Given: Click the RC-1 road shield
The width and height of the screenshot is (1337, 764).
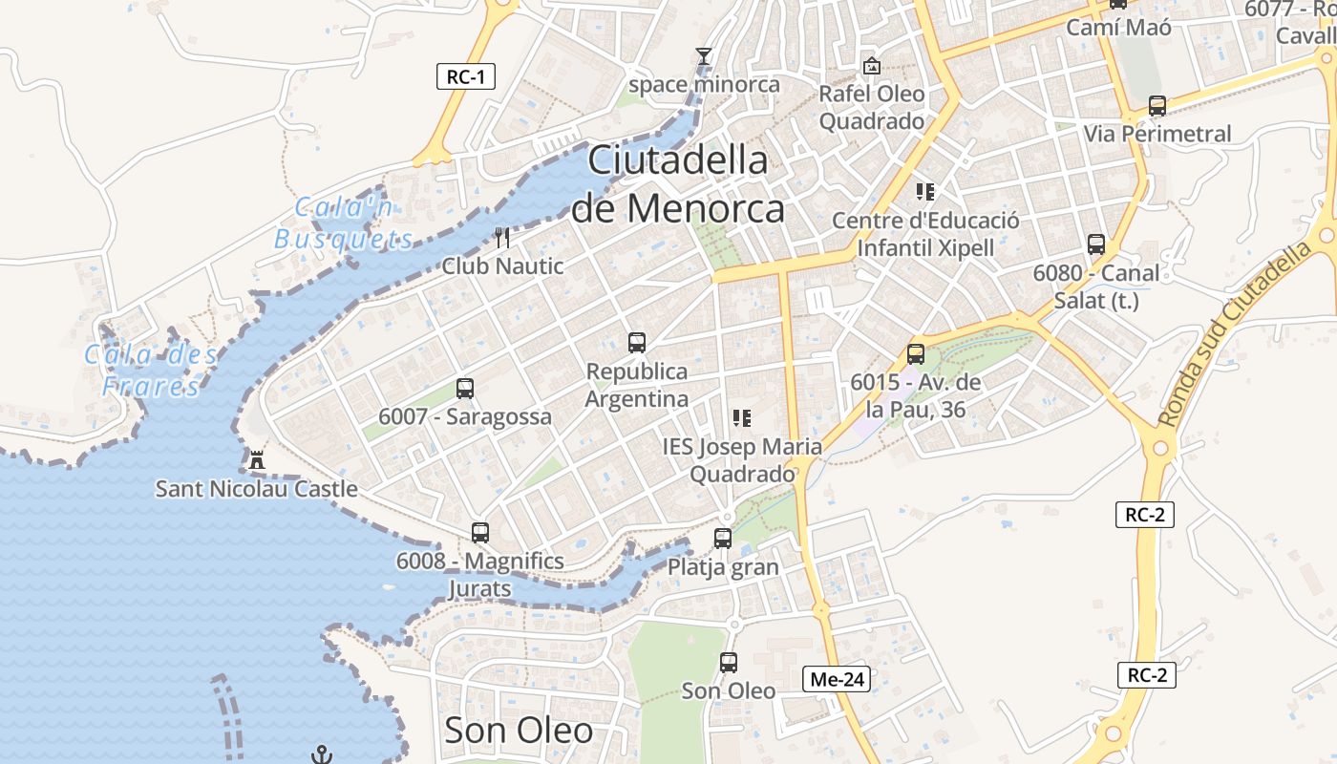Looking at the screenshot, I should pyautogui.click(x=466, y=77).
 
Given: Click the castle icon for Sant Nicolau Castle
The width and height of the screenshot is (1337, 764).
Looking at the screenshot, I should pyautogui.click(x=256, y=460).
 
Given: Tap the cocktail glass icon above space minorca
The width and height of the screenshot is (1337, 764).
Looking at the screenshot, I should pyautogui.click(x=704, y=56).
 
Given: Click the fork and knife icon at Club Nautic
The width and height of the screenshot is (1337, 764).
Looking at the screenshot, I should pyautogui.click(x=503, y=237).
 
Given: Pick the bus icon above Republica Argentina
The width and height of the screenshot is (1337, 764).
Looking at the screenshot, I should pyautogui.click(x=637, y=342).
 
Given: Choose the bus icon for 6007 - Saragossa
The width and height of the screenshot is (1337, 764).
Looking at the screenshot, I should pyautogui.click(x=465, y=388).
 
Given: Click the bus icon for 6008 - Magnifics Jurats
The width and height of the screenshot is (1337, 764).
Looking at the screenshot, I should pyautogui.click(x=480, y=532).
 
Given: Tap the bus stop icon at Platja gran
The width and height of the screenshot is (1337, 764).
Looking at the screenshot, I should pyautogui.click(x=723, y=538).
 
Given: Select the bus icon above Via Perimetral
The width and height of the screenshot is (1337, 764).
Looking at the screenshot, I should pyautogui.click(x=1157, y=105).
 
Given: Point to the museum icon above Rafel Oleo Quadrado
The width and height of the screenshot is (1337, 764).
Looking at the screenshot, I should pyautogui.click(x=871, y=66).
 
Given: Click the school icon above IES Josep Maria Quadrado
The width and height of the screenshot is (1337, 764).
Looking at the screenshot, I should pyautogui.click(x=741, y=417).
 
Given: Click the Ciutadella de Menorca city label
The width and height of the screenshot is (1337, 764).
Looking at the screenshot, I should pyautogui.click(x=678, y=183).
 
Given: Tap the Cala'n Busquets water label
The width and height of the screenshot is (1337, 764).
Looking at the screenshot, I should pyautogui.click(x=344, y=223).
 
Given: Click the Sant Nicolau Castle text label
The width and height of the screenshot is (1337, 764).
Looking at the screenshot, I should pyautogui.click(x=257, y=489).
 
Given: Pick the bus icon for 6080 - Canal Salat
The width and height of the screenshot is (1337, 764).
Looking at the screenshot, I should pyautogui.click(x=1096, y=244).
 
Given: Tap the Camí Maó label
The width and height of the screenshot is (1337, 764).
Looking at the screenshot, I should pyautogui.click(x=1118, y=27).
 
